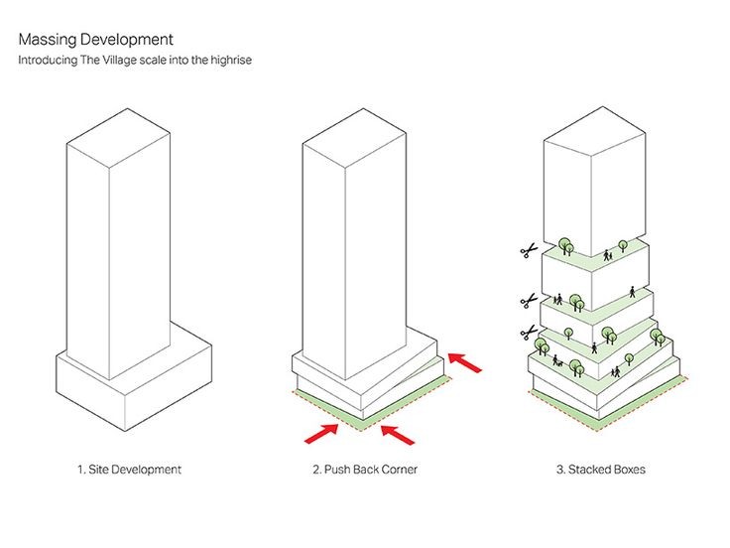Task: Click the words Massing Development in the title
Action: tap(95, 40)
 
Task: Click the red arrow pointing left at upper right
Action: tap(464, 361)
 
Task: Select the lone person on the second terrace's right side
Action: tap(635, 293)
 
